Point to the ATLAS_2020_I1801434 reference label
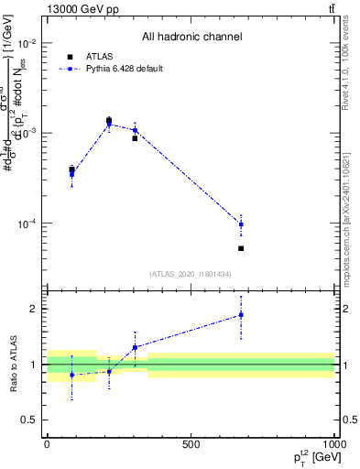[x=191, y=274]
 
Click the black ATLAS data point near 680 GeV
[x=241, y=248]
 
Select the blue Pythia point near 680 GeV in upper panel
[x=241, y=224]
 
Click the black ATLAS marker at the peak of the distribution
[x=109, y=120]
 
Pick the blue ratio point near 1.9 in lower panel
[x=241, y=314]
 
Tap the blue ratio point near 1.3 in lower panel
[x=135, y=347]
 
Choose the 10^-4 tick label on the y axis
[x=27, y=224]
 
